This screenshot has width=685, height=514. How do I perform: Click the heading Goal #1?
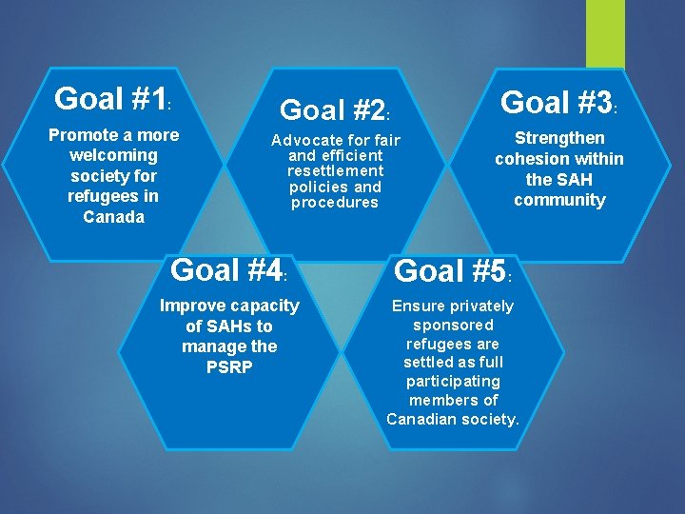click(111, 98)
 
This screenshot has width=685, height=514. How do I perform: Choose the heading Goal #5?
click(452, 271)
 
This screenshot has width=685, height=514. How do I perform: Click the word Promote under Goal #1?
click(83, 135)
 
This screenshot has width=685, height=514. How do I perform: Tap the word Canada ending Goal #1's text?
click(113, 217)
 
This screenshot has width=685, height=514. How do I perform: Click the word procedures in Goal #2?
click(335, 203)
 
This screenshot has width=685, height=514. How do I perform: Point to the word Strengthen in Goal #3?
click(559, 138)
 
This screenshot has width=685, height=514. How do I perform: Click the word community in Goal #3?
click(559, 200)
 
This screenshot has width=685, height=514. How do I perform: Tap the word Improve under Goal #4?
click(193, 306)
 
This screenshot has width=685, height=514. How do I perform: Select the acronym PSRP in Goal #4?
click(229, 366)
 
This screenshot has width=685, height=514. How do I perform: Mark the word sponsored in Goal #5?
click(453, 325)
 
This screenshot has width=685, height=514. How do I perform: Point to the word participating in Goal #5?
click(453, 381)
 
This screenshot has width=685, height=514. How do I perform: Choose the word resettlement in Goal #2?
click(335, 171)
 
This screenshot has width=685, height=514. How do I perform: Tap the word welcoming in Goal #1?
click(113, 155)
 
